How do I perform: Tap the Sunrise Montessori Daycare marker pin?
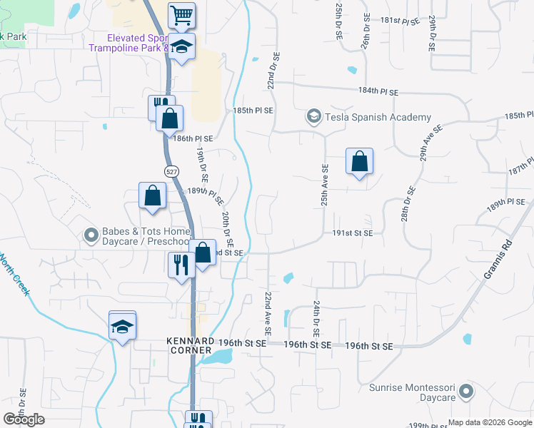(x=466, y=390)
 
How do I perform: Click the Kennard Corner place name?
(x=190, y=345)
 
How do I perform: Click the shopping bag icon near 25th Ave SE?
(x=360, y=161)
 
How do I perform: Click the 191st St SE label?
(x=352, y=233)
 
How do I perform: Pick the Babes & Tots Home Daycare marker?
(x=91, y=234)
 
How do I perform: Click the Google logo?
(x=24, y=419)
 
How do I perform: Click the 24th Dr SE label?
(x=315, y=318)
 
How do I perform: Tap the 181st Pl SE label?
(x=400, y=21)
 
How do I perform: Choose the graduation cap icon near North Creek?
(x=122, y=326)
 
